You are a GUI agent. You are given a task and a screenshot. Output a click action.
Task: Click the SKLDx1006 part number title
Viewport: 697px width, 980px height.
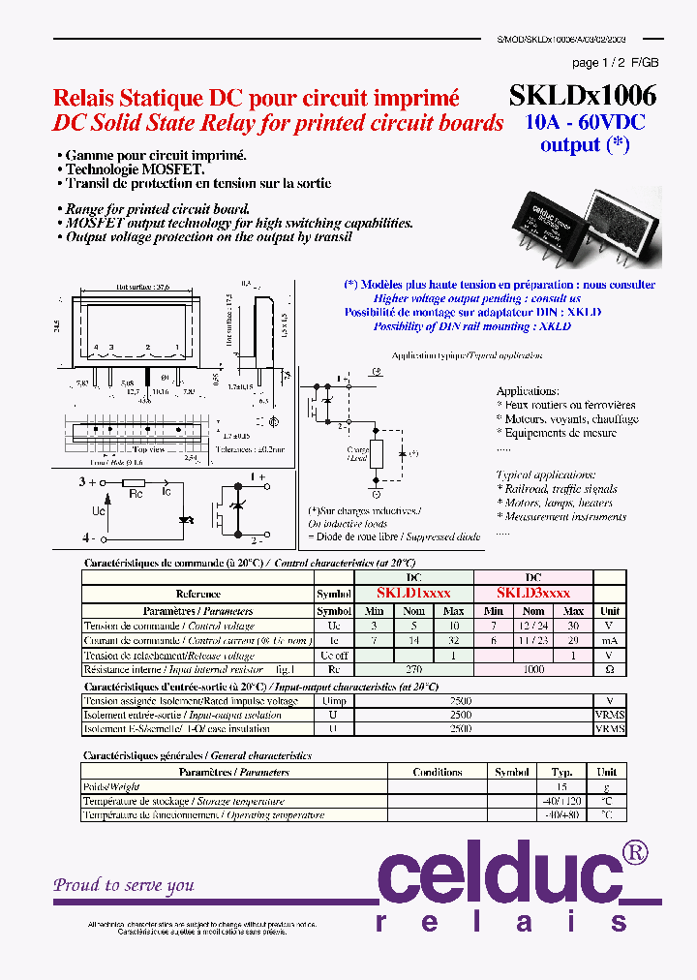coord(582,95)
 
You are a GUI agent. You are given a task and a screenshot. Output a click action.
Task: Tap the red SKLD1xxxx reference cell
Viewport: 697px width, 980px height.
coord(414,593)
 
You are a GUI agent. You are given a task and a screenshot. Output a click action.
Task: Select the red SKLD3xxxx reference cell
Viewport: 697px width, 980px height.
coord(532,593)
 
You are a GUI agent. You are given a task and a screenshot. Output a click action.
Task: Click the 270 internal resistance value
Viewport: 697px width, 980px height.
coord(413,669)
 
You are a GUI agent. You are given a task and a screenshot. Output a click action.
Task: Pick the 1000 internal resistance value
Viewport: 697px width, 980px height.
coord(533,669)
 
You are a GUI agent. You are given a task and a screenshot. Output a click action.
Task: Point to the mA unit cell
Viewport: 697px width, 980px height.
coord(610,640)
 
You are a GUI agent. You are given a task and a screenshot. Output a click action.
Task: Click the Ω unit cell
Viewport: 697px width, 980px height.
coord(610,669)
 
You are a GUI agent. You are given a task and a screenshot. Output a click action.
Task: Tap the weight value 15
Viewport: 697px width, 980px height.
coord(562,787)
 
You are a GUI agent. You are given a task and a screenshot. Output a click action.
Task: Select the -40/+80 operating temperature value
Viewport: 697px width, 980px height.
coord(562,815)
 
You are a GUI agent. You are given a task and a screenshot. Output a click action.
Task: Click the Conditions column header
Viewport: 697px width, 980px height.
coord(437,772)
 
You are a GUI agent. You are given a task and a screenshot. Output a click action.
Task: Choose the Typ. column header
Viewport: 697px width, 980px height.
coord(562,772)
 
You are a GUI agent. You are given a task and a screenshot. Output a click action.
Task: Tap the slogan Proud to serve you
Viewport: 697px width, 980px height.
coord(124,885)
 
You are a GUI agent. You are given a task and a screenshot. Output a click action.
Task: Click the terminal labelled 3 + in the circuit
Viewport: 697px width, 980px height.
coord(88,480)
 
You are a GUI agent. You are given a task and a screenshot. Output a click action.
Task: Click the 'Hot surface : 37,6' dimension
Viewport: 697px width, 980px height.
coord(142,287)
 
